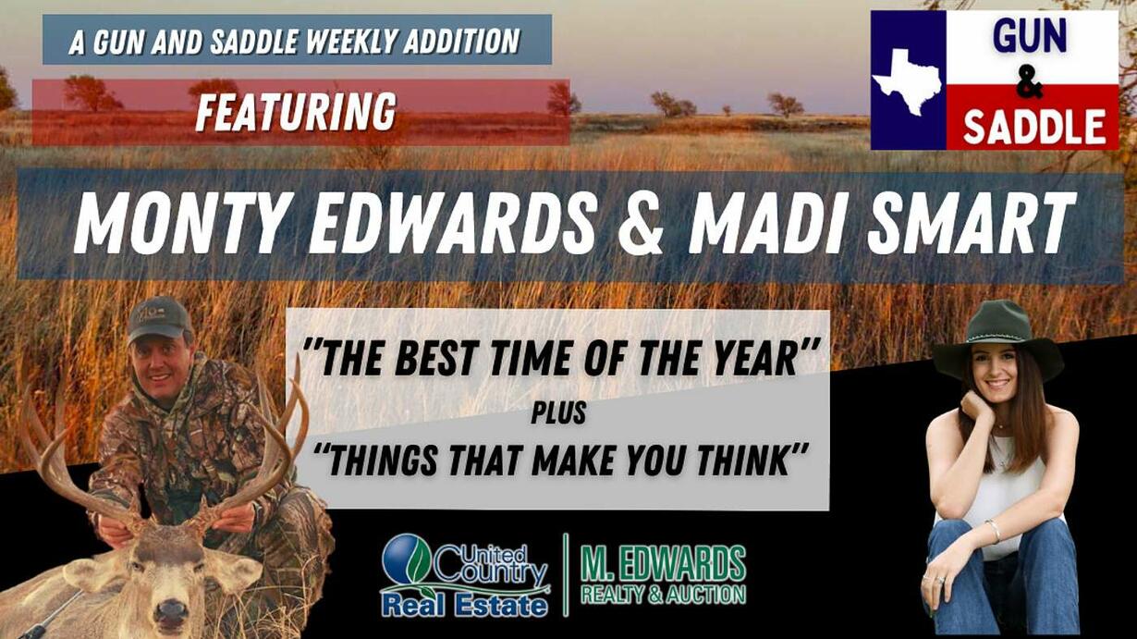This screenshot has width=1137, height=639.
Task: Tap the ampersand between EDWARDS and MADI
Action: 642,224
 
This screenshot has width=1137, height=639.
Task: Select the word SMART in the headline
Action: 971,224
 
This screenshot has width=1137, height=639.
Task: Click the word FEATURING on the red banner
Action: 296,112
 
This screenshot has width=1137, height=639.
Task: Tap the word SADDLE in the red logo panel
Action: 1034,127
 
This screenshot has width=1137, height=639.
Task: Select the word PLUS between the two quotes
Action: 558,413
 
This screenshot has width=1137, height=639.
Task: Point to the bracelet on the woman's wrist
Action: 994,532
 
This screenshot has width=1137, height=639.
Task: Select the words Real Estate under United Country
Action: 464,606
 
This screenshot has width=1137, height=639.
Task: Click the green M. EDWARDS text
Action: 663,564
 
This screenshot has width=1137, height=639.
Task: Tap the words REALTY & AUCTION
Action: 663,595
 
